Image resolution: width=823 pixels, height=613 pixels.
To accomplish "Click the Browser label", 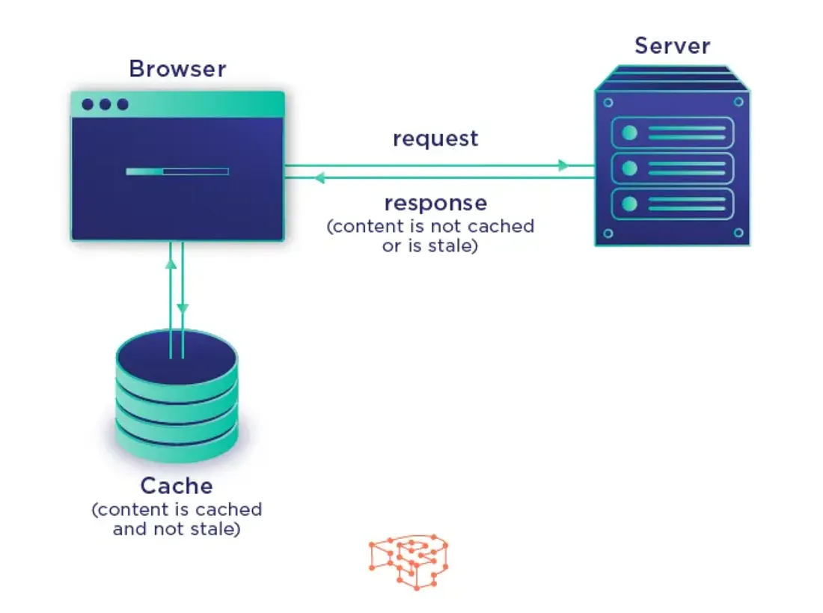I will point(177,69).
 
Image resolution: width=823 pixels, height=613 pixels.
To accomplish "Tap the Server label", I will point(672,46).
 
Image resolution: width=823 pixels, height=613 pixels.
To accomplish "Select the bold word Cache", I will point(177,486).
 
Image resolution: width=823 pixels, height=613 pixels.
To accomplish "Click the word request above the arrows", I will point(435,138).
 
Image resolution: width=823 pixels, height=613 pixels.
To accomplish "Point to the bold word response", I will point(435,203).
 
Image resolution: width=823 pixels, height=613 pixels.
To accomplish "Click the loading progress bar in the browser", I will point(177,171).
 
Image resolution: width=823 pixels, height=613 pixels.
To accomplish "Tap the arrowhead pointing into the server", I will point(564,165).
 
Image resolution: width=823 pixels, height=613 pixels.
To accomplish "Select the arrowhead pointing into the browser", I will point(319,178).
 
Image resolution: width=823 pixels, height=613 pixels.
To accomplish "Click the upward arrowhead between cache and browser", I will point(171,263).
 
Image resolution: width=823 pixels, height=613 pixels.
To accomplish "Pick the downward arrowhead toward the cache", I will point(183,308).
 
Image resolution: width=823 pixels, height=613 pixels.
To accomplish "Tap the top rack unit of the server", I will point(672,132).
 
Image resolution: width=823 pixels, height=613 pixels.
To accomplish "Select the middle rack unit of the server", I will point(672,168).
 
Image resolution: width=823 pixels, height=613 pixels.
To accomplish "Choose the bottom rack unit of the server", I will point(672,204).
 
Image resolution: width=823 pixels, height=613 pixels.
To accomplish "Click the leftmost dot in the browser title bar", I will point(88,104).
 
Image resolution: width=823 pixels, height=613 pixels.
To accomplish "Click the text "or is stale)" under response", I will point(429,246).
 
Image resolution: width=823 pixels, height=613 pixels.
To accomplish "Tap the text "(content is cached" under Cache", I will point(177,510).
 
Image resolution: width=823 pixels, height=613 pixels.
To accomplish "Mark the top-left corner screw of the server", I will point(608,103).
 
